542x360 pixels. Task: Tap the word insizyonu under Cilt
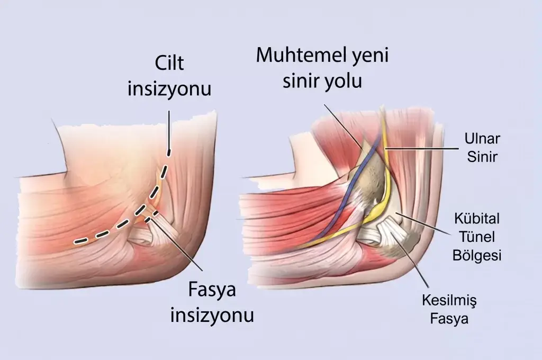point(169,88)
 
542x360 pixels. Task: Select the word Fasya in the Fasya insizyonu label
point(212,290)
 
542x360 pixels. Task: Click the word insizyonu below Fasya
point(212,315)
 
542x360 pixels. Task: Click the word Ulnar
point(482,139)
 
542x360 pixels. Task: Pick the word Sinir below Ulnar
point(482,157)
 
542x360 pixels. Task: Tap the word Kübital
point(477,219)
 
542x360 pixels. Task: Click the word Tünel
point(477,237)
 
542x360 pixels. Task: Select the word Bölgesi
point(477,256)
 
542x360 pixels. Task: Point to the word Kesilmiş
point(449,300)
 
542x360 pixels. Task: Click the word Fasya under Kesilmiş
point(449,318)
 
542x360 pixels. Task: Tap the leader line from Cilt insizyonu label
point(169,130)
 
